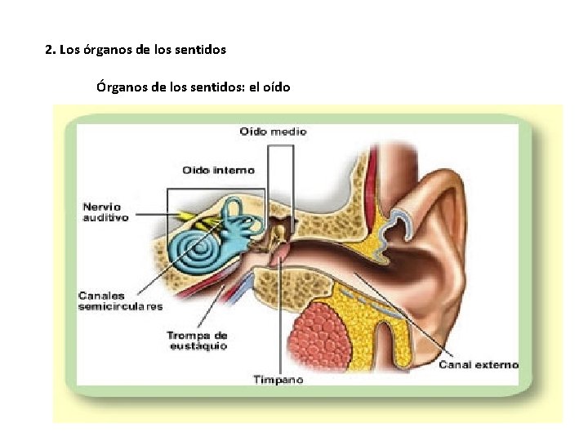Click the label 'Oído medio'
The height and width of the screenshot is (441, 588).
[x=273, y=131]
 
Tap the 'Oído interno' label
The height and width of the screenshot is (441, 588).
[x=217, y=171]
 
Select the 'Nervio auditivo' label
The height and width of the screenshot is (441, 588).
[x=105, y=212]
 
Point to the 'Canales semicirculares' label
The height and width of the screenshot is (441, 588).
[x=120, y=301]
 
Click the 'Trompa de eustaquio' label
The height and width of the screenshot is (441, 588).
[x=197, y=341]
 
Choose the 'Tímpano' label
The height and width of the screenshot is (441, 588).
[x=278, y=380]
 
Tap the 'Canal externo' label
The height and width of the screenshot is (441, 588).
[x=478, y=364]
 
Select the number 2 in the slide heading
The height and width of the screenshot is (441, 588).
[x=48, y=50]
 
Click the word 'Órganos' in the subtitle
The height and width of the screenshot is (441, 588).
[x=123, y=86]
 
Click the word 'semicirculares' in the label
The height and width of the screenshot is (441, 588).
[x=120, y=307]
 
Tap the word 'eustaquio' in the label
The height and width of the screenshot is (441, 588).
[x=197, y=346]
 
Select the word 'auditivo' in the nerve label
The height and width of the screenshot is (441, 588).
[x=105, y=218]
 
